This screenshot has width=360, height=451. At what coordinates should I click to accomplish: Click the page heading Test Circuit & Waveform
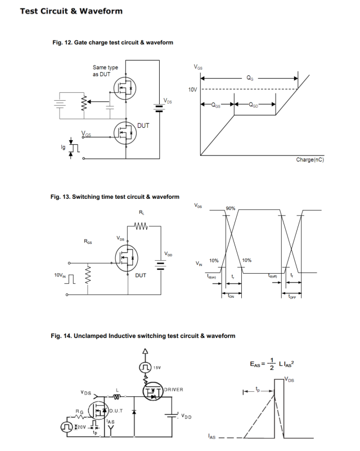tap(71, 11)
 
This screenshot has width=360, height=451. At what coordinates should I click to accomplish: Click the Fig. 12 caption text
tap(112, 43)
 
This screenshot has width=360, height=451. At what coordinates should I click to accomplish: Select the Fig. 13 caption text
tap(115, 197)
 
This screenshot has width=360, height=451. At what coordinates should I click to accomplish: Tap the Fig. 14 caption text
tap(143, 336)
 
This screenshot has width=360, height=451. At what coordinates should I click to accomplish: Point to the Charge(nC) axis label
tap(310, 160)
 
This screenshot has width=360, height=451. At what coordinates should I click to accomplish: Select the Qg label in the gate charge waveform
tap(250, 79)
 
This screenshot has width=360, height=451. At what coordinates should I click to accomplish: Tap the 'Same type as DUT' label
tap(106, 71)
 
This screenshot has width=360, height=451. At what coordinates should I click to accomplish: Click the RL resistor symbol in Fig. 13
tap(141, 227)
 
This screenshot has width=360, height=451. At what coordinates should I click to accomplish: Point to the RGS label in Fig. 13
tap(88, 242)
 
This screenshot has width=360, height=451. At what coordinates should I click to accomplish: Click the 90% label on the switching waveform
tap(230, 209)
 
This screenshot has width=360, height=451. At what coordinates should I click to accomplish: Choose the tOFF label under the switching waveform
tap(291, 296)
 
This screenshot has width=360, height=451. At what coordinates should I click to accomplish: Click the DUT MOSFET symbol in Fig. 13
tap(126, 258)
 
